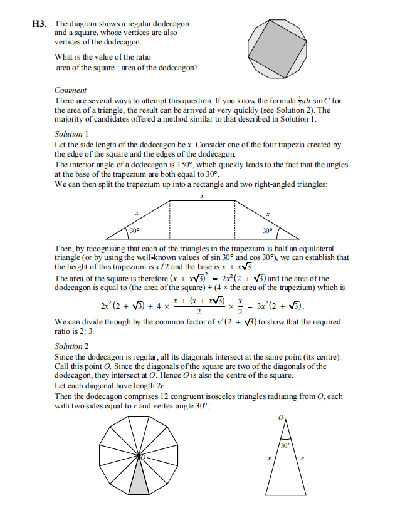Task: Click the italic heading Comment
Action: point(70,90)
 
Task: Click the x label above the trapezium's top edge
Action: point(202,196)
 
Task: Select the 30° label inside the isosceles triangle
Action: point(286,445)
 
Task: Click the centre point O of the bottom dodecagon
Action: point(142,459)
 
